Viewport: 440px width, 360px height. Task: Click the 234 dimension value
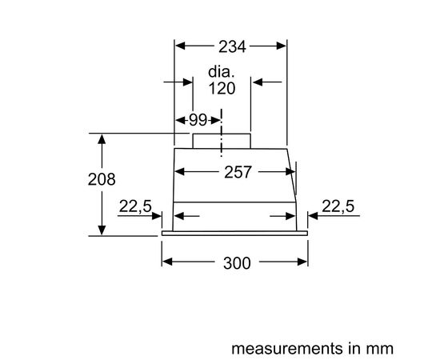pos(232,46)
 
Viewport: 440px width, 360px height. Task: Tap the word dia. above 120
pos(221,72)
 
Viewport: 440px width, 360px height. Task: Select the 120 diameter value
pos(222,88)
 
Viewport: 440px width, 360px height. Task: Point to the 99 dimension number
pos(198,120)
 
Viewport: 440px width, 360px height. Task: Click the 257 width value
pos(238,172)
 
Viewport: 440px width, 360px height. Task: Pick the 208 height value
pos(102,179)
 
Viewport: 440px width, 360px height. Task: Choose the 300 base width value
pos(237,263)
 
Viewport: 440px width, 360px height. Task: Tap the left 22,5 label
pos(135,206)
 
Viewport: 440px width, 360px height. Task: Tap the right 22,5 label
pos(338,206)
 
